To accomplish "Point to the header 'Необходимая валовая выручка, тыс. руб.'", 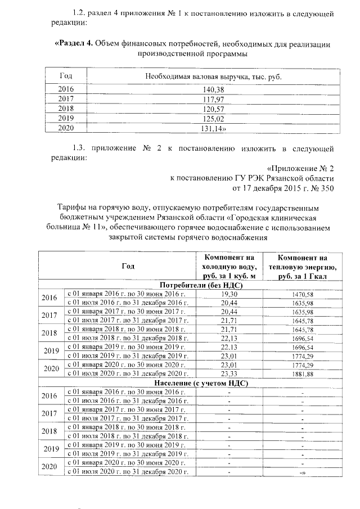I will [213, 76].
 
